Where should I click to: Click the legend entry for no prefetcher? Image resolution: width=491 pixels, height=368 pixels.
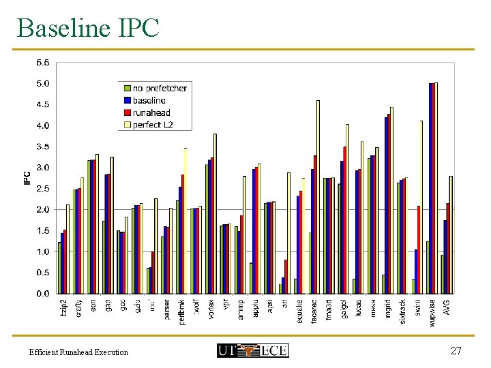tap(160, 88)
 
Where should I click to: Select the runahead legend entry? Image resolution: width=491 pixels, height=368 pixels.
tap(151, 112)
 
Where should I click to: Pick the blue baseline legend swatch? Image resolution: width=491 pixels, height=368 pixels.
tap(127, 100)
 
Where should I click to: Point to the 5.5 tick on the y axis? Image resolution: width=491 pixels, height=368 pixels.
tap(42, 62)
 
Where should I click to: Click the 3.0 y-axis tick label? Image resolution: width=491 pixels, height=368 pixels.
tap(42, 167)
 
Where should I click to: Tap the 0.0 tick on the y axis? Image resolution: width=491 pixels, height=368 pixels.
tap(42, 293)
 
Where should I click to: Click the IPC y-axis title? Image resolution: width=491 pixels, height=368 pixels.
tap(26, 178)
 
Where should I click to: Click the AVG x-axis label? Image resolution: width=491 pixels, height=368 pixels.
tap(447, 307)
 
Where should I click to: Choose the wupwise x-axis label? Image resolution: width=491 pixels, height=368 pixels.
tap(432, 312)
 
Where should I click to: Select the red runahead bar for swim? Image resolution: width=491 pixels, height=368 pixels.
tap(419, 249)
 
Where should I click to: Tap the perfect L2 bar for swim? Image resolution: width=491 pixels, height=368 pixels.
tap(421, 206)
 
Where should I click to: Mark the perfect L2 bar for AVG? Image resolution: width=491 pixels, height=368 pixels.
tap(451, 234)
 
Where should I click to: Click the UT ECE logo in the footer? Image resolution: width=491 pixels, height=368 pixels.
tap(252, 351)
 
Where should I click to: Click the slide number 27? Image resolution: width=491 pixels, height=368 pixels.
tap(457, 351)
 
